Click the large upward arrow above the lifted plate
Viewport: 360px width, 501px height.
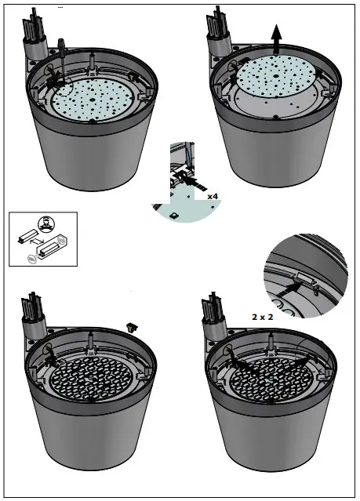(275, 37)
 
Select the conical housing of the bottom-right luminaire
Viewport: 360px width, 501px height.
(271, 447)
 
